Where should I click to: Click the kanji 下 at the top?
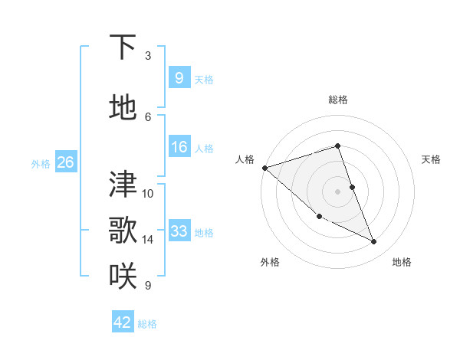123,47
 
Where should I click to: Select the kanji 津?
123,185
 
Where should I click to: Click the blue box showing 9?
179,78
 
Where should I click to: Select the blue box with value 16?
179,147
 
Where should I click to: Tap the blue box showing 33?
179,231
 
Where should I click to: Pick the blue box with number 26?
65,162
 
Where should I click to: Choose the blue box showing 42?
123,322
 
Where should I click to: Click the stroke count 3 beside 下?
147,56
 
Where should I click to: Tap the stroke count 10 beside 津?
148,194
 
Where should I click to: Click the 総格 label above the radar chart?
337,100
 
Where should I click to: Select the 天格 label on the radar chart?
432,159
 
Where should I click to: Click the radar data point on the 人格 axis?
264,168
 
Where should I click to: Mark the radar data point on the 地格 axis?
374,242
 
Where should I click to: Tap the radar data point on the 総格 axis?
337,146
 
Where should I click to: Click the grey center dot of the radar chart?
337,191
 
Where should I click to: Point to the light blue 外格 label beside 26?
41,163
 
